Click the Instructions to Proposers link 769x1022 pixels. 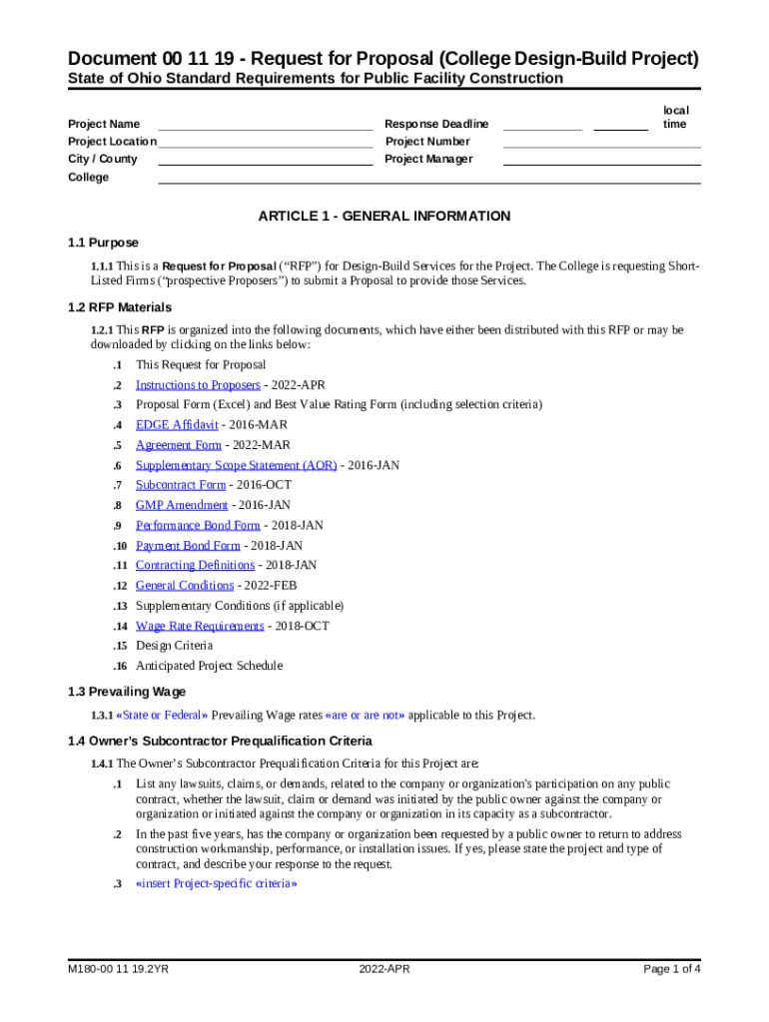point(198,385)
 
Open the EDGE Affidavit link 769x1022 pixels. point(177,425)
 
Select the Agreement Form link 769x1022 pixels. point(179,445)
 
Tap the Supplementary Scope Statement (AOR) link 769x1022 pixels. point(236,465)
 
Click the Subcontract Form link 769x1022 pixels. point(181,485)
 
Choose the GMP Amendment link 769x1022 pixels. point(182,505)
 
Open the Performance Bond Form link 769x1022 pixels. point(198,525)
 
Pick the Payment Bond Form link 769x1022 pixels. point(188,546)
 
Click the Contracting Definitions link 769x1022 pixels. point(195,566)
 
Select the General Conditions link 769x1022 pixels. point(185,586)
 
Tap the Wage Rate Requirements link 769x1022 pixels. point(200,626)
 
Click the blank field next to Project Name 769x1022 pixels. point(265,124)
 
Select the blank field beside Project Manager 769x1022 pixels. point(601,159)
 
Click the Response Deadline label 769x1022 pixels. point(436,124)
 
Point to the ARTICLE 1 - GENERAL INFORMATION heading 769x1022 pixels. point(384,216)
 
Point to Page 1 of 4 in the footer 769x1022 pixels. point(672,969)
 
